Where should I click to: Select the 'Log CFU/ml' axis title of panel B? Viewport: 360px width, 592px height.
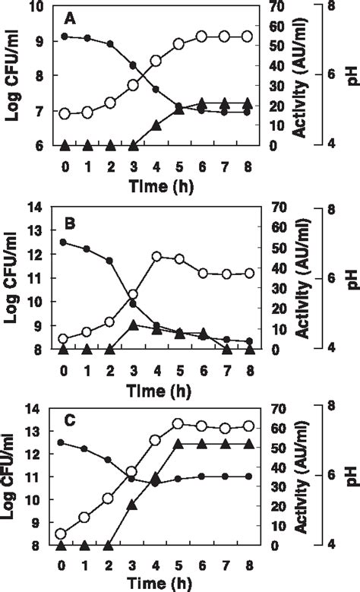click(x=13, y=277)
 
